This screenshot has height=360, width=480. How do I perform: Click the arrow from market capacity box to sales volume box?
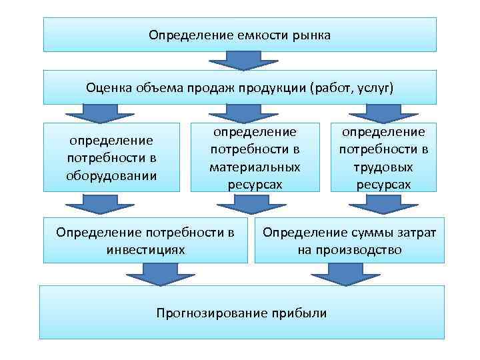point(241,61)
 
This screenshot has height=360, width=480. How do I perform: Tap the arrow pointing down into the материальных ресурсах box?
point(229,113)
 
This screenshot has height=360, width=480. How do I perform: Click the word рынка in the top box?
point(309,34)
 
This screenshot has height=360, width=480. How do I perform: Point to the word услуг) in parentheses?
point(376,87)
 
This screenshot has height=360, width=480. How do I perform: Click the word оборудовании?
point(112,176)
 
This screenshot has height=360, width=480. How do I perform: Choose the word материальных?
point(255,167)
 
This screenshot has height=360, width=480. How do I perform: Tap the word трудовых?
point(383,167)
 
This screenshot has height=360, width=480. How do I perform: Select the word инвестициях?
point(145,250)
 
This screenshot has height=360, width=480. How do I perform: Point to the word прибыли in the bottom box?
point(299,312)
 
